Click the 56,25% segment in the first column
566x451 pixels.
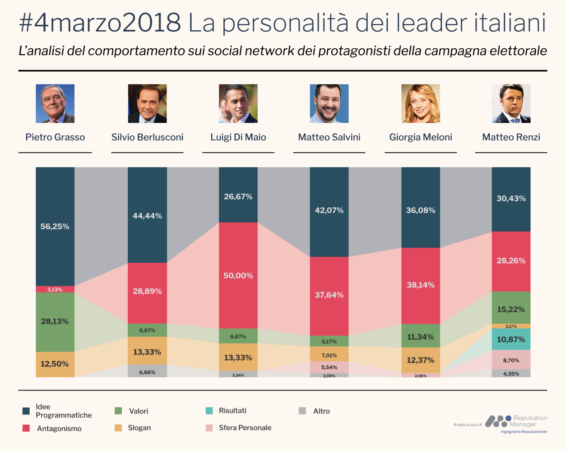click(x=55, y=226)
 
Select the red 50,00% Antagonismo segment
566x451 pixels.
click(x=238, y=275)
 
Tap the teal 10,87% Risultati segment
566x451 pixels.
click(x=511, y=339)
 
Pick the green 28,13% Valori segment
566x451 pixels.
click(x=55, y=321)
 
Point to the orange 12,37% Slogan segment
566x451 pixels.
click(x=420, y=360)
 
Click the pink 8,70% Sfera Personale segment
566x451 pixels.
click(x=511, y=360)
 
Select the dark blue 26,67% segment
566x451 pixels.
click(x=238, y=196)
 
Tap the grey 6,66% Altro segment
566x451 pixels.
click(x=147, y=372)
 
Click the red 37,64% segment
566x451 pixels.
click(x=329, y=295)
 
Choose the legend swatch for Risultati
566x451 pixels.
click(x=209, y=411)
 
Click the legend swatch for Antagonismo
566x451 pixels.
click(x=26, y=428)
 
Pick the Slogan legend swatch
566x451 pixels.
click(x=118, y=428)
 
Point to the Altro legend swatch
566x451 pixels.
click(x=302, y=411)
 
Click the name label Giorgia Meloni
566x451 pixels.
click(x=420, y=137)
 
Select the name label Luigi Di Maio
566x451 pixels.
click(x=238, y=137)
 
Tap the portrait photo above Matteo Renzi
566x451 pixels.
click(x=511, y=103)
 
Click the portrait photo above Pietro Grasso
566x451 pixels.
click(x=55, y=103)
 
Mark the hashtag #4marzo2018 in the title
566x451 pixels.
click(x=100, y=23)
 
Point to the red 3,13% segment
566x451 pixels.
click(x=55, y=289)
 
